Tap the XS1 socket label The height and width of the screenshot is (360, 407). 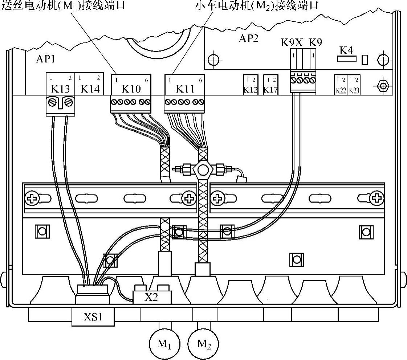click(x=93, y=317)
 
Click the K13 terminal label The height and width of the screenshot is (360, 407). click(x=60, y=89)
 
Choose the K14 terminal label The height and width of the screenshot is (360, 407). click(x=90, y=89)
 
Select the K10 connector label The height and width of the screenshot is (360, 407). click(x=131, y=89)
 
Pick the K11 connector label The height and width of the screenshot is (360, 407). click(x=184, y=89)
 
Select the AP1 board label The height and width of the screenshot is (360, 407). click(x=45, y=60)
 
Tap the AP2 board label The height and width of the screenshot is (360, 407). click(x=249, y=38)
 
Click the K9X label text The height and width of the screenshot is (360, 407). click(x=292, y=42)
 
